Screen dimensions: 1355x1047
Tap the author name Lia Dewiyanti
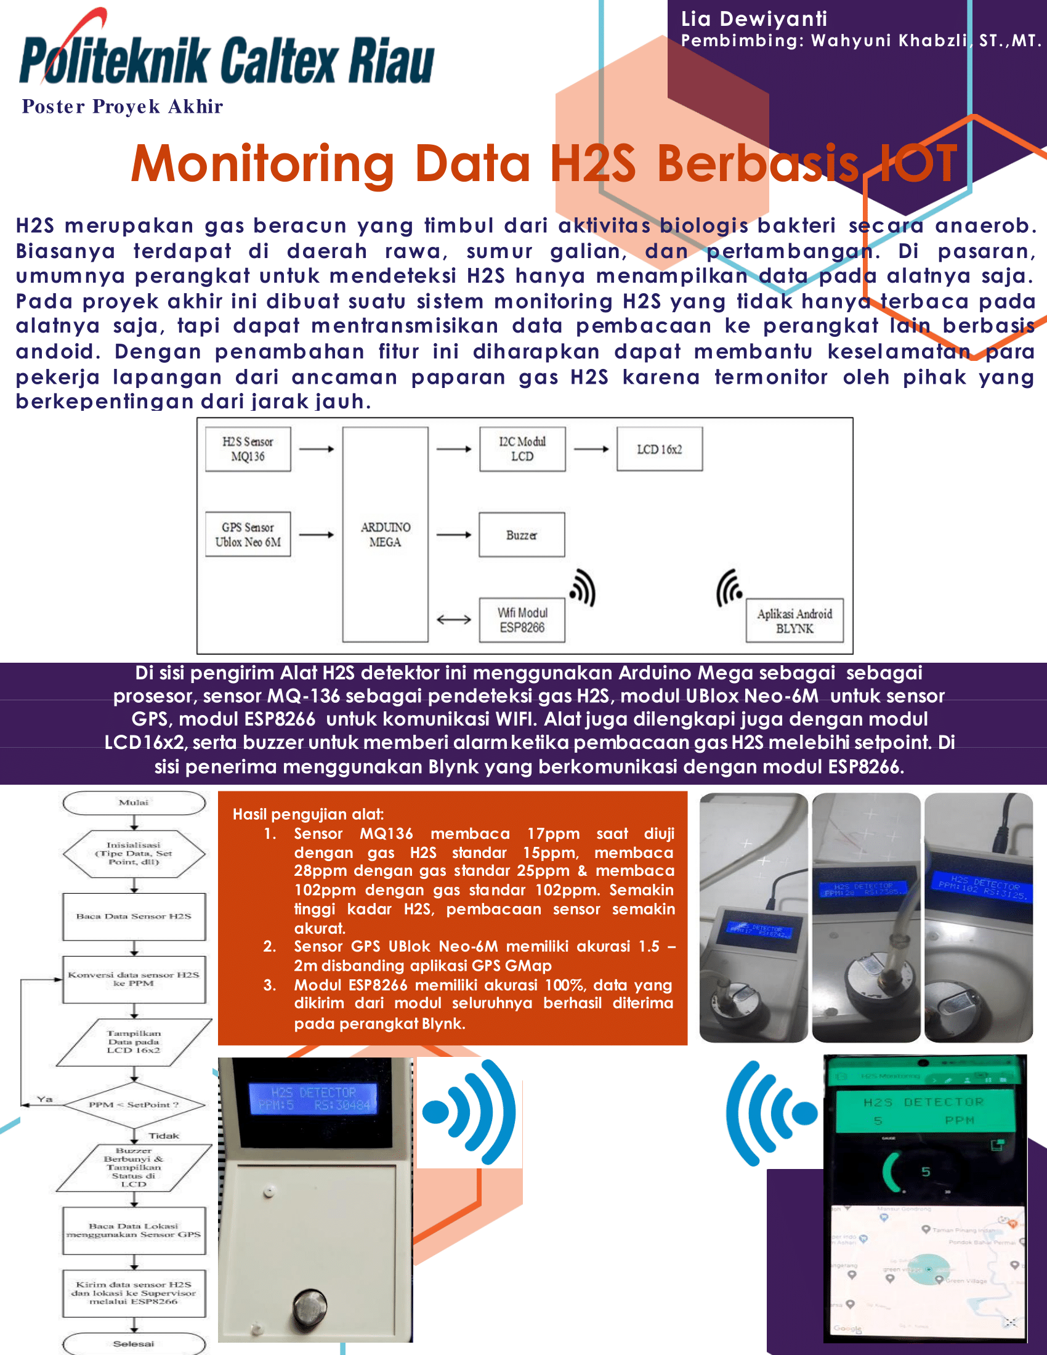point(754,18)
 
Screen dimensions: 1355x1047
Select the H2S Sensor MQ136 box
point(248,449)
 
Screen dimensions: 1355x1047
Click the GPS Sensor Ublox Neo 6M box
point(248,534)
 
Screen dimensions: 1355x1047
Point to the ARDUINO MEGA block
point(385,534)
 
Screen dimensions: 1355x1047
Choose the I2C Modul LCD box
point(522,449)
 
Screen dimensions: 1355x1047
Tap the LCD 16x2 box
point(660,449)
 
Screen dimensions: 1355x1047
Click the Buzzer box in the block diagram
point(522,535)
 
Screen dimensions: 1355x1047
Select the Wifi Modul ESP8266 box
point(522,620)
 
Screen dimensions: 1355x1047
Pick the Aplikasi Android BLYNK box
point(794,620)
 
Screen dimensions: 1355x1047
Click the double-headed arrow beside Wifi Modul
point(453,620)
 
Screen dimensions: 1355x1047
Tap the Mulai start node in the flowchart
point(134,803)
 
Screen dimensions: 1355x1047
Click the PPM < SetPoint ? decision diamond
point(134,1105)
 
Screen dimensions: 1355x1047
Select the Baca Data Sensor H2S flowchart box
point(134,916)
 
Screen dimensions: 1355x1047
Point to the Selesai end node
point(134,1344)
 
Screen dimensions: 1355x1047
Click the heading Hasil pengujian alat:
point(309,814)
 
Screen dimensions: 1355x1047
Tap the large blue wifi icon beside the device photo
point(470,1112)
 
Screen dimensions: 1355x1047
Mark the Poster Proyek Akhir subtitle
point(122,107)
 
